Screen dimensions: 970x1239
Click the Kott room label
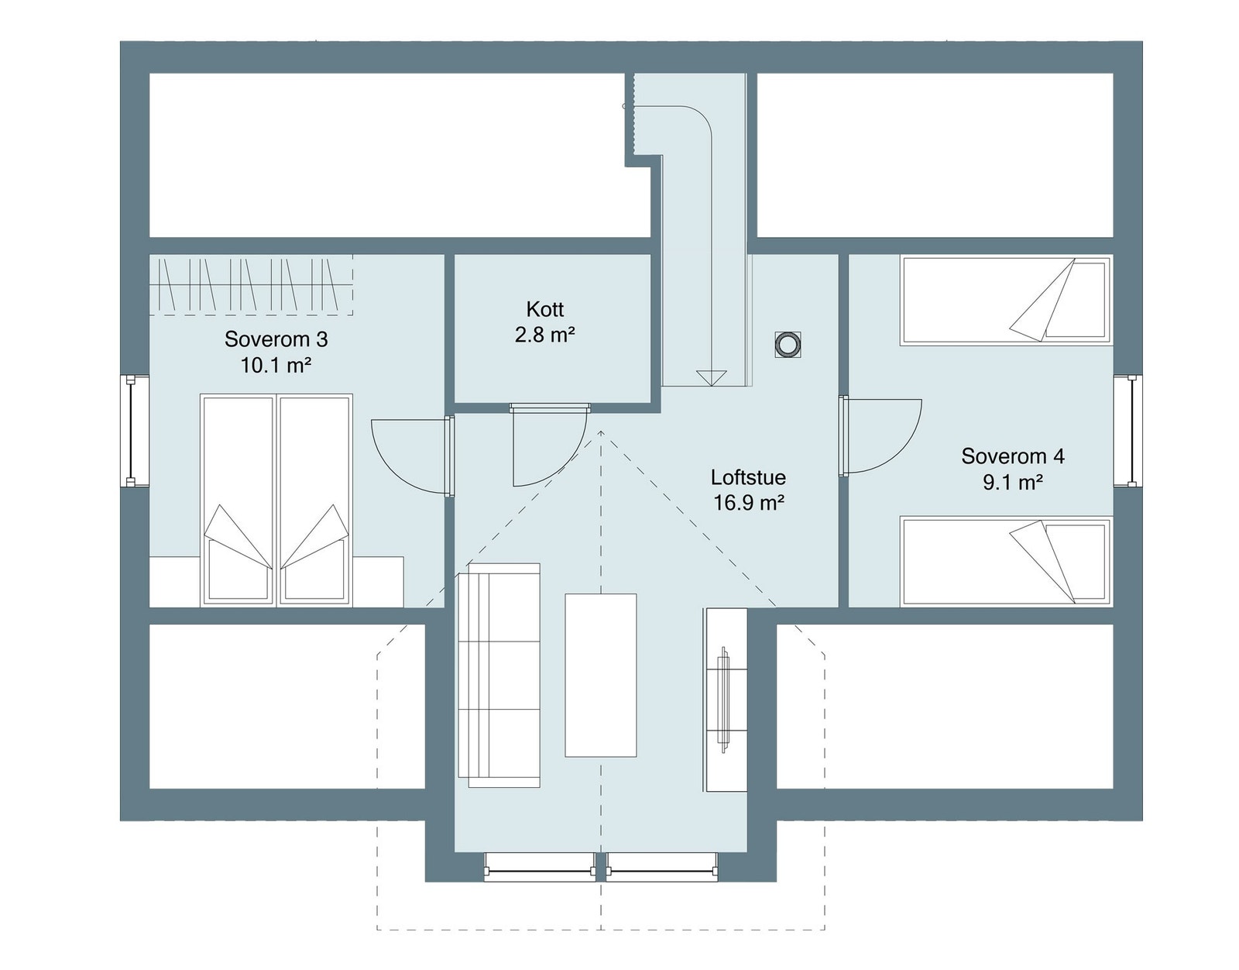tap(544, 310)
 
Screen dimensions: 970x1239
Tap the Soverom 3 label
tap(276, 339)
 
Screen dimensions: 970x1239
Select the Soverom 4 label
tap(1012, 456)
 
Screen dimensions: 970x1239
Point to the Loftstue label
tap(748, 477)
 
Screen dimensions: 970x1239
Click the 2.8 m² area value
tap(544, 335)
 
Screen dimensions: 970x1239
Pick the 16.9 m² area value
tap(748, 504)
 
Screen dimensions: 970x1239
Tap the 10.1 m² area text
tap(276, 365)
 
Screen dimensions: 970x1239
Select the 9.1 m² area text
tap(1012, 483)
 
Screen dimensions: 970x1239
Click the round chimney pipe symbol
tap(788, 345)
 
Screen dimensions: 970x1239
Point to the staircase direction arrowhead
tap(711, 377)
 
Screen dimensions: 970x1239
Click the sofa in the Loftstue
tap(499, 676)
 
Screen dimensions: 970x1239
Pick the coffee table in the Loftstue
tap(600, 675)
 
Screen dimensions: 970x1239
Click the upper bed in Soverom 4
tap(1005, 301)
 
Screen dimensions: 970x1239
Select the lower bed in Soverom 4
tap(1005, 561)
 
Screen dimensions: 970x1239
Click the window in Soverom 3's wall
tap(137, 431)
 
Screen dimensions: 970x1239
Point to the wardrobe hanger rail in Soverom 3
tap(251, 285)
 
